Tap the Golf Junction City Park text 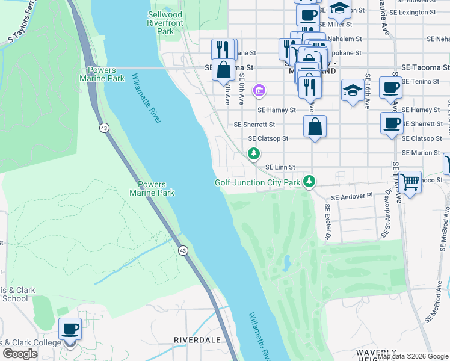point(257,182)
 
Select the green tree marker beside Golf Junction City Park point(309,181)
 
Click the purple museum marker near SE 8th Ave point(259,91)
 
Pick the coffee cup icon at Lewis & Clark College point(70,329)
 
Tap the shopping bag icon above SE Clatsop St point(315,126)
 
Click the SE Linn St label point(280,167)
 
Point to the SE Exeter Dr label point(328,221)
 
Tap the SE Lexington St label point(412,12)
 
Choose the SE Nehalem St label point(341,38)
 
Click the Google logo point(20,354)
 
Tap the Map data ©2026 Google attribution point(412,356)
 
